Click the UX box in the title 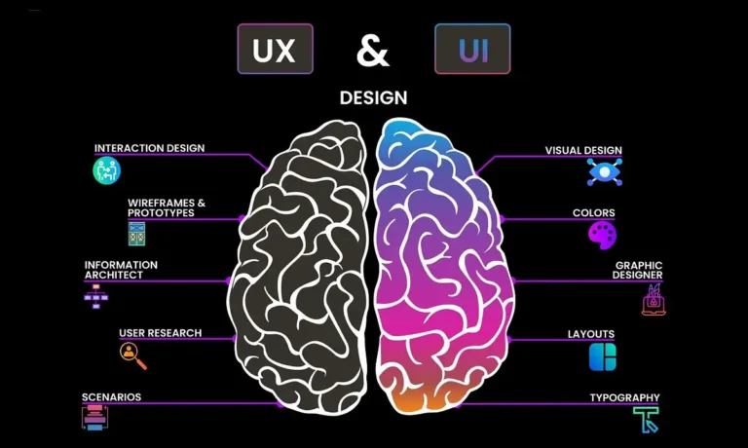click(x=275, y=49)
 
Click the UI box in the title click(x=472, y=49)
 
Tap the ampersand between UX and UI click(x=373, y=50)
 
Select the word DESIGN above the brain click(x=373, y=98)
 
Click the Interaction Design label click(x=149, y=148)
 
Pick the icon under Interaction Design click(x=106, y=171)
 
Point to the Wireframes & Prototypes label click(x=167, y=208)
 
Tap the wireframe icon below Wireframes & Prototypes click(x=136, y=234)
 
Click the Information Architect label click(x=121, y=270)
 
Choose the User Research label click(x=161, y=333)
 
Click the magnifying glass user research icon click(x=133, y=356)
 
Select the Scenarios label click(x=111, y=397)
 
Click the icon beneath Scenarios click(x=94, y=418)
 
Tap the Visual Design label click(x=583, y=151)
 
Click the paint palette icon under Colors click(x=602, y=235)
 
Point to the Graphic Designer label click(x=638, y=270)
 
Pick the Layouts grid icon click(x=603, y=357)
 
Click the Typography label click(x=624, y=397)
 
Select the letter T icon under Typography click(x=646, y=420)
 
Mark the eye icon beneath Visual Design click(x=604, y=172)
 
